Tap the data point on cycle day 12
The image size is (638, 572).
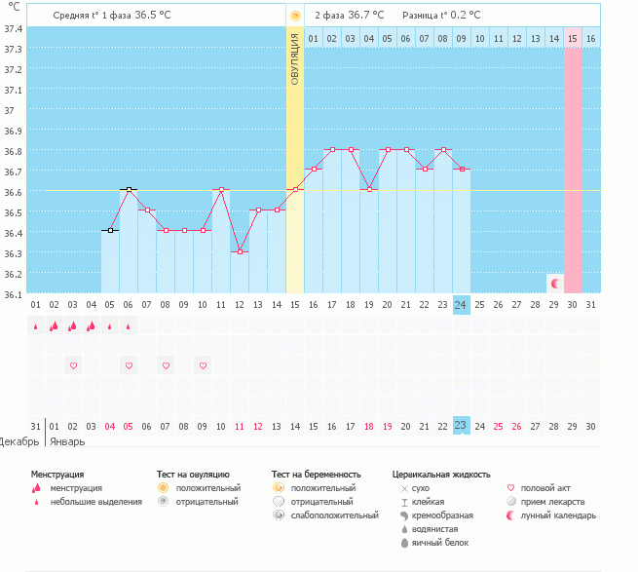pyautogui.click(x=240, y=251)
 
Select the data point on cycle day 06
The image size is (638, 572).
pyautogui.click(x=129, y=189)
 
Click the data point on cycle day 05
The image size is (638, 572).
pyautogui.click(x=110, y=230)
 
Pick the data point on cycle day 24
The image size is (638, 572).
pyautogui.click(x=462, y=169)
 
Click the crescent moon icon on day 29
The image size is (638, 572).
pyautogui.click(x=554, y=284)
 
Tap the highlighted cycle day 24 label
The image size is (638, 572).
pyautogui.click(x=462, y=305)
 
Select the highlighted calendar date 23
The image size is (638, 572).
pyautogui.click(x=462, y=426)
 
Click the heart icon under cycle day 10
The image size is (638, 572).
pyautogui.click(x=203, y=365)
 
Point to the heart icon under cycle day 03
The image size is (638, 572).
pyautogui.click(x=73, y=365)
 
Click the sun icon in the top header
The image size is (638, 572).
pyautogui.click(x=295, y=16)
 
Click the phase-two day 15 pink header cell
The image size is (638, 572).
pyautogui.click(x=573, y=38)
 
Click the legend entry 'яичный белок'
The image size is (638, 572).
pyautogui.click(x=439, y=542)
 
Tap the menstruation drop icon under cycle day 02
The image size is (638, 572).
pyautogui.click(x=55, y=325)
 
